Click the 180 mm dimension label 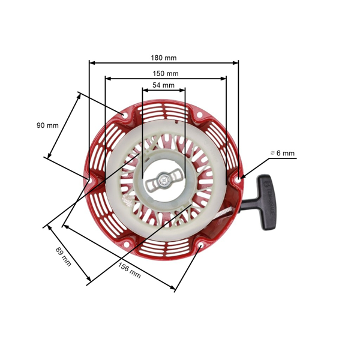coord(163,58)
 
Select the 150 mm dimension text coord(166,73)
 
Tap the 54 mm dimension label coord(163,85)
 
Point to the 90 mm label coord(47,125)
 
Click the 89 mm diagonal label coord(63,256)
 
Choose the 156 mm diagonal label coord(129,270)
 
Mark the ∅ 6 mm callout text coord(283,153)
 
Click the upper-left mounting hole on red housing coord(125,115)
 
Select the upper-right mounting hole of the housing coord(200,114)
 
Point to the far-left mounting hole coord(89,181)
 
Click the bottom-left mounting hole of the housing coord(125,244)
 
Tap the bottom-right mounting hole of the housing coord(200,244)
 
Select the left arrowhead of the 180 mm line coord(92,62)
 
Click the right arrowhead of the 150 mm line coord(223,79)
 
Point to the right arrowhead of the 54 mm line coord(182,90)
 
